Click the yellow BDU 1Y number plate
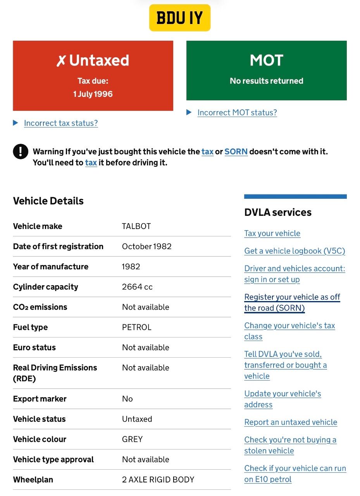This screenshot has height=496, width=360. [179, 18]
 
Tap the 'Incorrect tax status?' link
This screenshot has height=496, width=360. [61, 123]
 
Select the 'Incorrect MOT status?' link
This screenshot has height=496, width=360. [237, 113]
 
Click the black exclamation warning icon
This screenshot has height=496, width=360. [21, 152]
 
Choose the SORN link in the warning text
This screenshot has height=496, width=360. [236, 152]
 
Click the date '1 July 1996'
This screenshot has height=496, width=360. [93, 94]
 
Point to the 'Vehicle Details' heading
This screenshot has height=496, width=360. [48, 201]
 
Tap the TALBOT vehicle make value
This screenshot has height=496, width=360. [136, 226]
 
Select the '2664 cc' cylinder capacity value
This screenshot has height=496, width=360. [137, 287]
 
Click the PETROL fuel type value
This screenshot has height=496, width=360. [137, 327]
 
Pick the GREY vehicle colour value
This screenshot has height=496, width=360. [133, 439]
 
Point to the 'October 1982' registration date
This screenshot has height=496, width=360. [147, 246]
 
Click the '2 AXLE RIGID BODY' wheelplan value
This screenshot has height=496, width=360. [158, 480]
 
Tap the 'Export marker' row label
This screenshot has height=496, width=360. [40, 399]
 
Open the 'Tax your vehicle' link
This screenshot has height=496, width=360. [272, 233]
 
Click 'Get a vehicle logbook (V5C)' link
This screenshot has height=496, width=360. [295, 251]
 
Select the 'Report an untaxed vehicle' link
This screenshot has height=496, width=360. [291, 422]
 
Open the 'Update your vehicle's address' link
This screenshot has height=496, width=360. [282, 399]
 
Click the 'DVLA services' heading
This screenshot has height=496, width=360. [278, 212]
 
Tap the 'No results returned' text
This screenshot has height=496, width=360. [267, 81]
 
